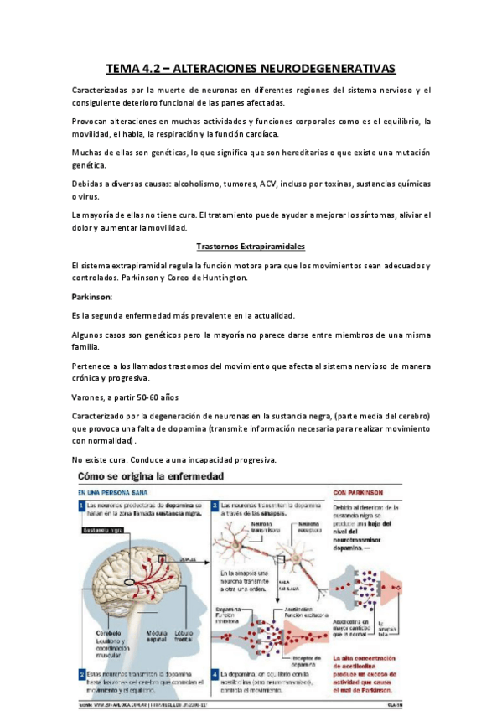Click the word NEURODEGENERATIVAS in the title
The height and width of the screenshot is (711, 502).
point(333,68)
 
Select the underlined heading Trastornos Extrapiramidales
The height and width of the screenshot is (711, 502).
point(250,247)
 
